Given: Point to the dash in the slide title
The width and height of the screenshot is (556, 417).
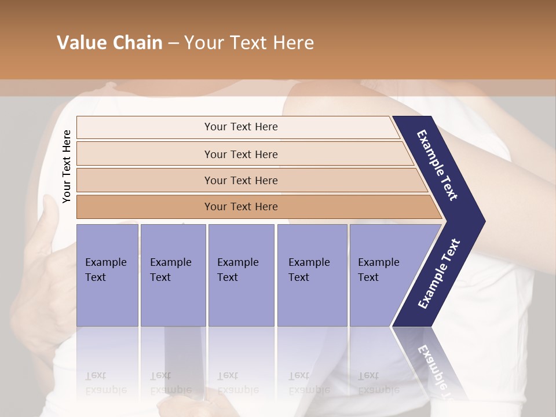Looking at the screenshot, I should [x=173, y=43].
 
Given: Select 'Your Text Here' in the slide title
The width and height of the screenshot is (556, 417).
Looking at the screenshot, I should [x=249, y=43].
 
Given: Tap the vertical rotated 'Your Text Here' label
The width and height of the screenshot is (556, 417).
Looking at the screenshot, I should [x=67, y=167].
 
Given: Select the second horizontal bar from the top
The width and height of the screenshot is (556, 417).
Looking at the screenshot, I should [x=240, y=154].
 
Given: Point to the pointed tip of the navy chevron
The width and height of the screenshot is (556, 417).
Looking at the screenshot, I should [x=482, y=221].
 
